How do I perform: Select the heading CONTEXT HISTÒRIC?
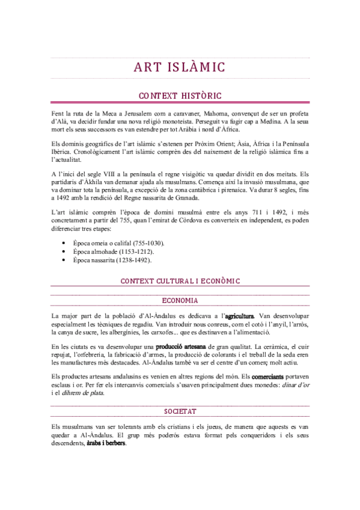tap(180, 95)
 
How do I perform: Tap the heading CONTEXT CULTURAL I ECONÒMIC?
tap(180, 281)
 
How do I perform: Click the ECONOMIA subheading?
tap(180, 300)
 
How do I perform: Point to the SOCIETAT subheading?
tap(180, 411)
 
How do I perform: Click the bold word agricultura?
tap(239, 316)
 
